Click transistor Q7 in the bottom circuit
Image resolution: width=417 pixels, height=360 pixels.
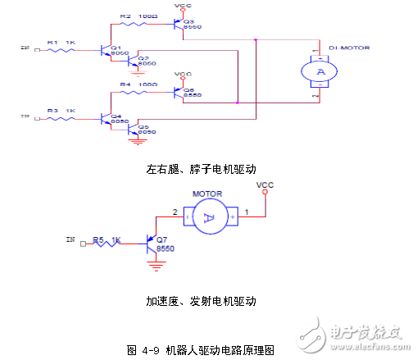coord(152,242)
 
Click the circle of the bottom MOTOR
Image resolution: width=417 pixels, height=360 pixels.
coord(208,217)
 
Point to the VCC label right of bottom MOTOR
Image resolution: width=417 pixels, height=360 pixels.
coord(265,185)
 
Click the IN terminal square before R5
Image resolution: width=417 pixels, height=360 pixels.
coord(83,242)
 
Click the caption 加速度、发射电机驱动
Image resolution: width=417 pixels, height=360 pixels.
coord(202,301)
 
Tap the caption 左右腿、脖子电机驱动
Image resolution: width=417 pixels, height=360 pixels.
coord(202,170)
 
